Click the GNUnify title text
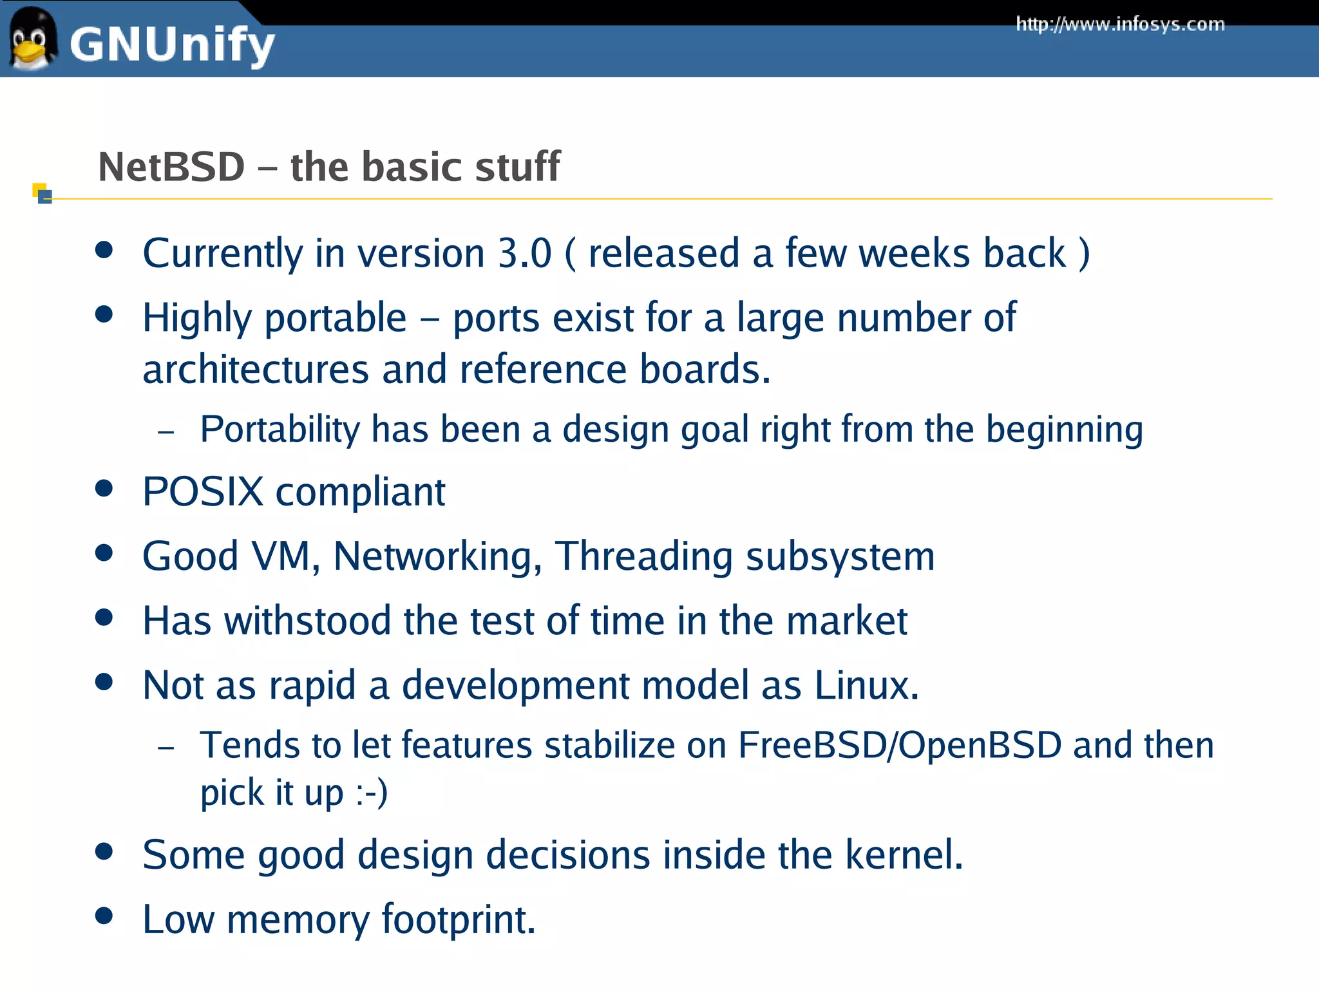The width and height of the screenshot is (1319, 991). click(x=172, y=45)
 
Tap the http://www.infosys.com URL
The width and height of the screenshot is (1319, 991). click(x=1120, y=24)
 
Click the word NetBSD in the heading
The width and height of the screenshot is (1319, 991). click(x=171, y=167)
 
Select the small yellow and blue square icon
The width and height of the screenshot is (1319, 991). click(x=42, y=193)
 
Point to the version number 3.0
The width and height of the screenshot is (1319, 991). click(x=524, y=253)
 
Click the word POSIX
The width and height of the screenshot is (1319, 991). click(x=203, y=492)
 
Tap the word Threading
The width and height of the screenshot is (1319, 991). click(x=643, y=556)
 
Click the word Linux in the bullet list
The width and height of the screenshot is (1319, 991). click(x=866, y=685)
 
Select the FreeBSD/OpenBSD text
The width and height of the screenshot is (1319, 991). click(x=899, y=746)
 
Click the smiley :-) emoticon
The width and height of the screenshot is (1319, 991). click(x=371, y=793)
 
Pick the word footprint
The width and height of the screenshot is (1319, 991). click(x=459, y=920)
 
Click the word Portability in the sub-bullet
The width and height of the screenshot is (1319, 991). click(x=280, y=429)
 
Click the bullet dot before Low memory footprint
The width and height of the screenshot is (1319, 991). click(x=104, y=915)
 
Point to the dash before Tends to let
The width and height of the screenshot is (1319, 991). click(x=166, y=748)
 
